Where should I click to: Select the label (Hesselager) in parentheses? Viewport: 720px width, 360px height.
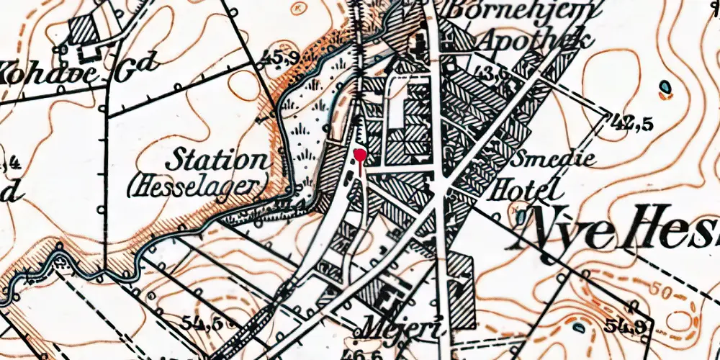click(198, 186)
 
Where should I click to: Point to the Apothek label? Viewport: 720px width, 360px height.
click(535, 40)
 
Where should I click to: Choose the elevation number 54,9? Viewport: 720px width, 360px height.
click(626, 326)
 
